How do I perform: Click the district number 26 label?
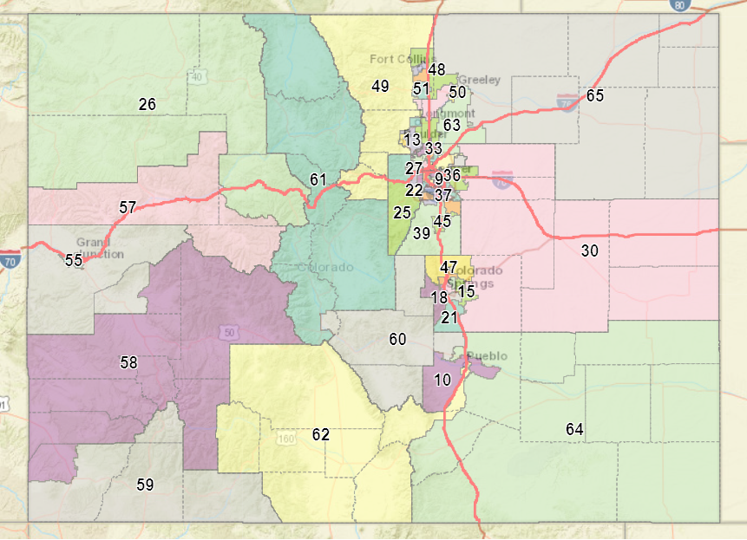pos(147,104)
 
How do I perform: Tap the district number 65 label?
pos(594,95)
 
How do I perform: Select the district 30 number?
pos(590,250)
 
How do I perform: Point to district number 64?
pos(574,429)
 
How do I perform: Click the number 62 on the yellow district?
pos(321,434)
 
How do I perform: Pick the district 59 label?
pos(146,485)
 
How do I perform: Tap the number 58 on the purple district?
pos(128,363)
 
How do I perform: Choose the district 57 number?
pos(128,208)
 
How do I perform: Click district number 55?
pos(73,260)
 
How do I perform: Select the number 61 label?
pos(318,180)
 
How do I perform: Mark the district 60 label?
pos(397,339)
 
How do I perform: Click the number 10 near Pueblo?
pos(442,380)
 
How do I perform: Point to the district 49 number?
pos(380,86)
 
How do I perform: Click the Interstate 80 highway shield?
pos(678,4)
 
